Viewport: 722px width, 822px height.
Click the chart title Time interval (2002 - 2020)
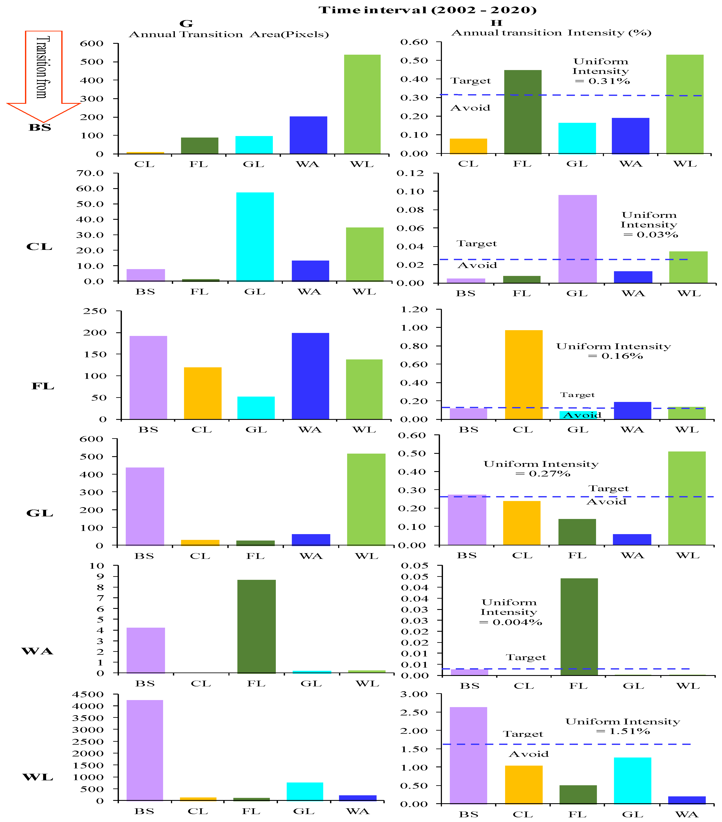(x=427, y=10)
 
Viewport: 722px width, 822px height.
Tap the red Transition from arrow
(x=43, y=72)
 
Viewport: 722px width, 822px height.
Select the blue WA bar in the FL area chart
(x=310, y=376)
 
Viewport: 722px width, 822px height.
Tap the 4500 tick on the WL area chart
(x=88, y=695)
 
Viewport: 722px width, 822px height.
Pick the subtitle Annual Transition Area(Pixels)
(x=228, y=35)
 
